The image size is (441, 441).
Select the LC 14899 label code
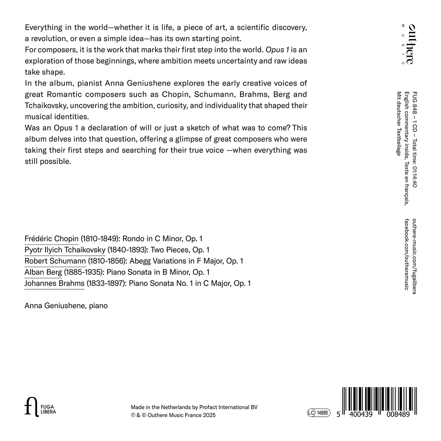pos(319,413)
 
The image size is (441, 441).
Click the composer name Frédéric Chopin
pos(51,239)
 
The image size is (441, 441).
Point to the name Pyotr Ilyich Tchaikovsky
pos(65,250)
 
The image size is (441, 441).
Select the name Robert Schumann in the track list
pos(55,261)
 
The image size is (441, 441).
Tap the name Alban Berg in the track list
pos(43,272)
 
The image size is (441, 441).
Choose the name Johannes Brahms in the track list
pos(54,283)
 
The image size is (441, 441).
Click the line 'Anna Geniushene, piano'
pos(66,305)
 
